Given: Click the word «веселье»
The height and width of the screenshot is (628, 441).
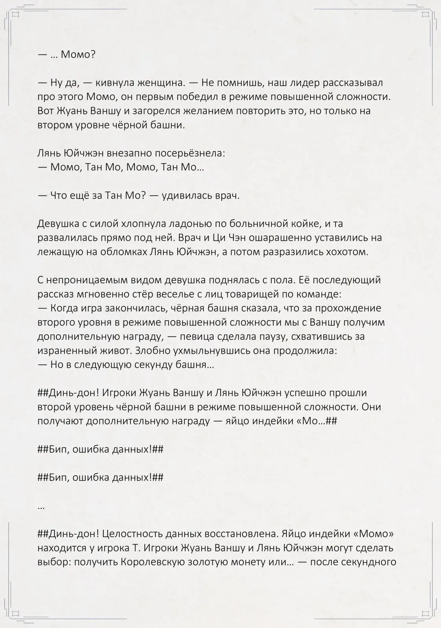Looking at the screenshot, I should [x=204, y=294].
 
